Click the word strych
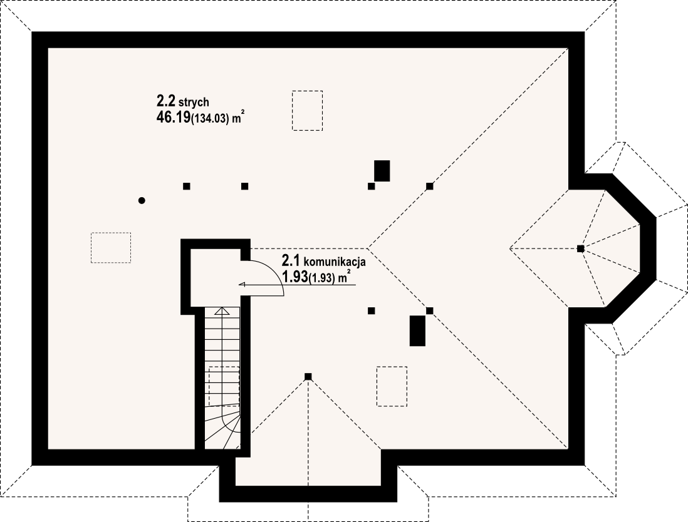194,103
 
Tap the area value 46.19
173,118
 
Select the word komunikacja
335,262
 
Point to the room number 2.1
291,262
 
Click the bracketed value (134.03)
210,119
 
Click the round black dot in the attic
142,201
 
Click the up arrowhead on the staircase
222,311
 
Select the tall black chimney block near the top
382,171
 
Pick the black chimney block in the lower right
417,330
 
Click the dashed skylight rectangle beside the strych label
307,110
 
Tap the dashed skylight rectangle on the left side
111,248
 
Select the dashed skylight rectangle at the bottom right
392,386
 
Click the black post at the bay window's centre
580,248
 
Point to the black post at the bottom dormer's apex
308,377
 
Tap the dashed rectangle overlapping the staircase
224,386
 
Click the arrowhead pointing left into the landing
242,284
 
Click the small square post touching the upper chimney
371,186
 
